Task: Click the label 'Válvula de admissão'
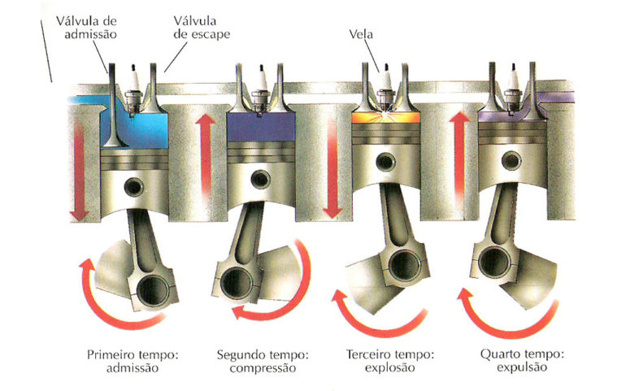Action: point(87,27)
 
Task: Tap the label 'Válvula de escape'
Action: point(202,27)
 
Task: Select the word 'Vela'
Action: point(361,34)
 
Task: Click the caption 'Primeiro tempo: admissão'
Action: point(133,361)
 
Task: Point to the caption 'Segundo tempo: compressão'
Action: point(263,361)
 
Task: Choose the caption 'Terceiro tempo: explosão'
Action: point(389,361)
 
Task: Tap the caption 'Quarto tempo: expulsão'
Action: point(522,361)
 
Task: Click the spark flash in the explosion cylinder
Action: point(385,115)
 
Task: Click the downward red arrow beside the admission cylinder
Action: point(79,171)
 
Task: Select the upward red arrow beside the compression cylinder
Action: point(206,154)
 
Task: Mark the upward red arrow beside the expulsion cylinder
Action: point(460,154)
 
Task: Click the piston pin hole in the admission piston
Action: point(134,187)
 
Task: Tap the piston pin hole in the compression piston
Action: point(260,180)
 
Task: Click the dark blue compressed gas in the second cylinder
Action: point(261,127)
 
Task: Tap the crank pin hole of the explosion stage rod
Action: point(403,265)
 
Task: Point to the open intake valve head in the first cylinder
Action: point(114,141)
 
